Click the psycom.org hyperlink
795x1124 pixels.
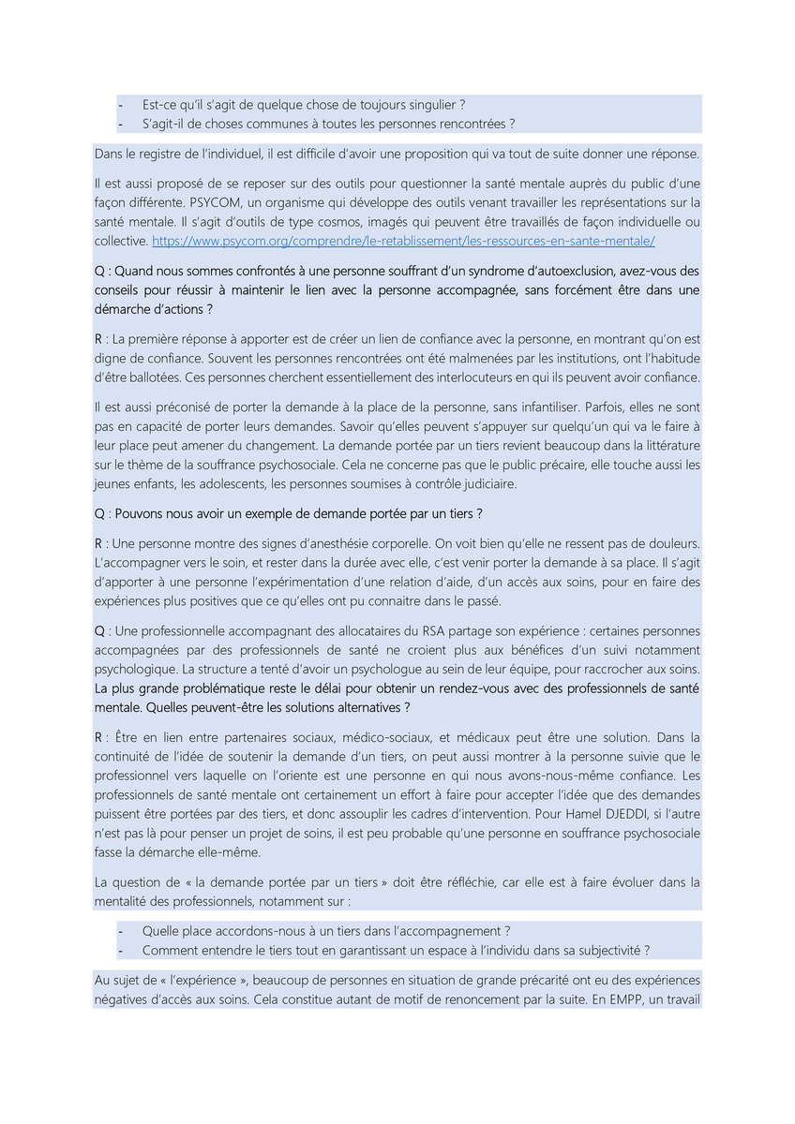pos(403,241)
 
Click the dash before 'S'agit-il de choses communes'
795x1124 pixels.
pos(121,124)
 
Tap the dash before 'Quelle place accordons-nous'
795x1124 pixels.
pos(121,931)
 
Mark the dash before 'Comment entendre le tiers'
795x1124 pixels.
pos(121,950)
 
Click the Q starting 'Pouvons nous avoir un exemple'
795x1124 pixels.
pos(98,514)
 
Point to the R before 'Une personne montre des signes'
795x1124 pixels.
pos(98,543)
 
